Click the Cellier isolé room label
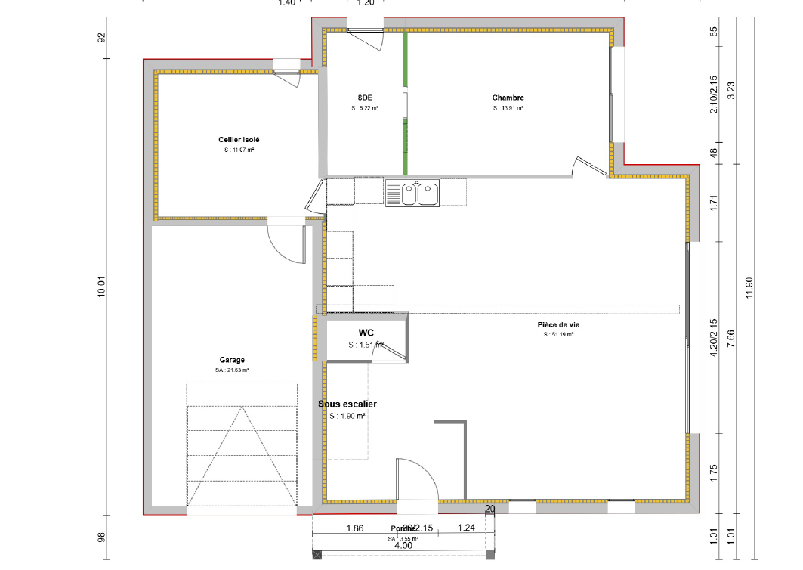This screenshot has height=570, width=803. [239, 140]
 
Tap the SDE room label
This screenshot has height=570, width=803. [365, 98]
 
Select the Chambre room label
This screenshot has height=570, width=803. [508, 98]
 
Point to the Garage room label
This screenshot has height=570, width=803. [232, 360]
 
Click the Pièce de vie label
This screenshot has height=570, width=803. [558, 324]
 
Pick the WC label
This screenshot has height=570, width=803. [366, 333]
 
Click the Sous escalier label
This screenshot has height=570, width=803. [347, 404]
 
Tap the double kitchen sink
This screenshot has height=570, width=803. [412, 193]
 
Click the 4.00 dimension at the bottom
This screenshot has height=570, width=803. [403, 545]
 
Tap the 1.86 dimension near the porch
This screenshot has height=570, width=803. [355, 529]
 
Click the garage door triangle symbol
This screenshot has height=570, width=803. [242, 454]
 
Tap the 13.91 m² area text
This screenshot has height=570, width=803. [508, 108]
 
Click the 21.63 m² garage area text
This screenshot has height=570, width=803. [232, 370]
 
